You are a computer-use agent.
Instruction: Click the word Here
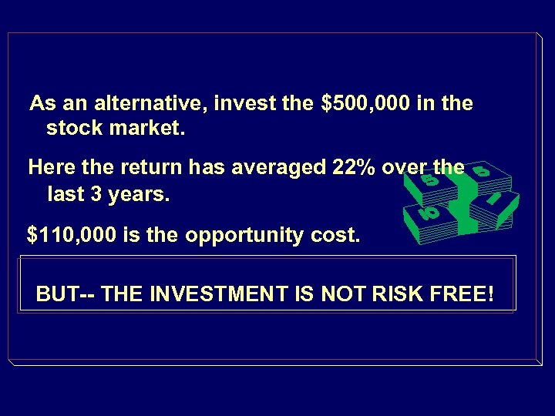coord(49,167)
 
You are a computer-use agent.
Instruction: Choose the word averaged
coord(275,167)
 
